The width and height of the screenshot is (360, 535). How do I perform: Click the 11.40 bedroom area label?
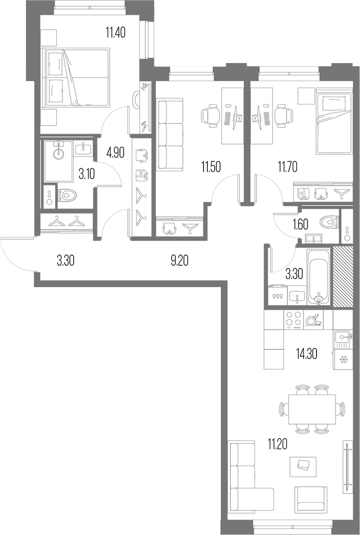pos(116,33)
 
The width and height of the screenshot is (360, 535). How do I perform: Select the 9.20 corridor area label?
pos(179,261)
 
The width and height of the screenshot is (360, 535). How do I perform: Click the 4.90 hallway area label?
pos(115,153)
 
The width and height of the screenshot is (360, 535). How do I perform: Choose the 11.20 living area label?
pos(277,444)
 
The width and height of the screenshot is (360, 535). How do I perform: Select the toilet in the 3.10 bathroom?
pos(67,196)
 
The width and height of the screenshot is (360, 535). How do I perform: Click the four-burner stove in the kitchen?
pos(294,320)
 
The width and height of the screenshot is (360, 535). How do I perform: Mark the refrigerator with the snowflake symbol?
pos(343,359)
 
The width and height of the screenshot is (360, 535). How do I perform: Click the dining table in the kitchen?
pos(312,409)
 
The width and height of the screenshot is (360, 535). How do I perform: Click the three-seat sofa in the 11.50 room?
pos(171,134)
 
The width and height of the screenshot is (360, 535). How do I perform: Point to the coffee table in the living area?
pos(303,467)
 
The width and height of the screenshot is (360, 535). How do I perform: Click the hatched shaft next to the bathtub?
pos(343,276)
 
